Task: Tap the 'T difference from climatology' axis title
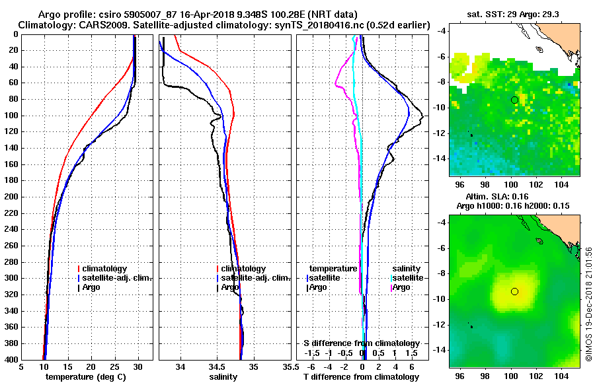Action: [x=361, y=376]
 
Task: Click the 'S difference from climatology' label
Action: [x=361, y=343]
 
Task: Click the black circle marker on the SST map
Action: [x=514, y=100]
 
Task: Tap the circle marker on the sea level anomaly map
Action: [x=514, y=291]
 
